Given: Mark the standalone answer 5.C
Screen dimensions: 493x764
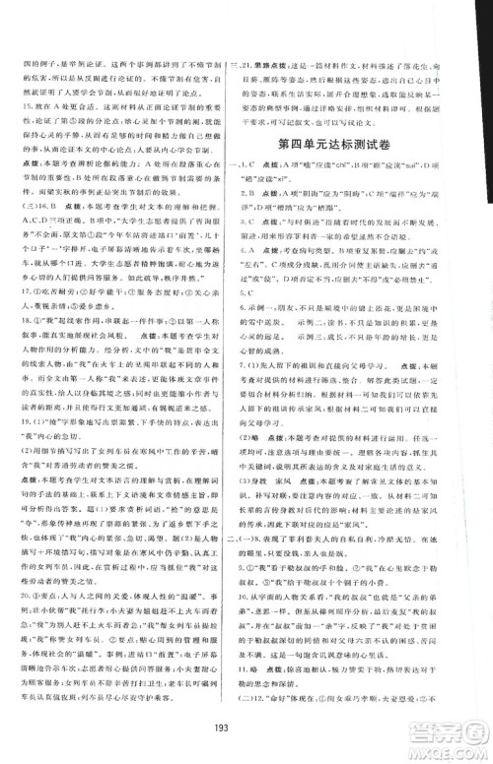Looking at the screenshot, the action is [263, 320].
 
